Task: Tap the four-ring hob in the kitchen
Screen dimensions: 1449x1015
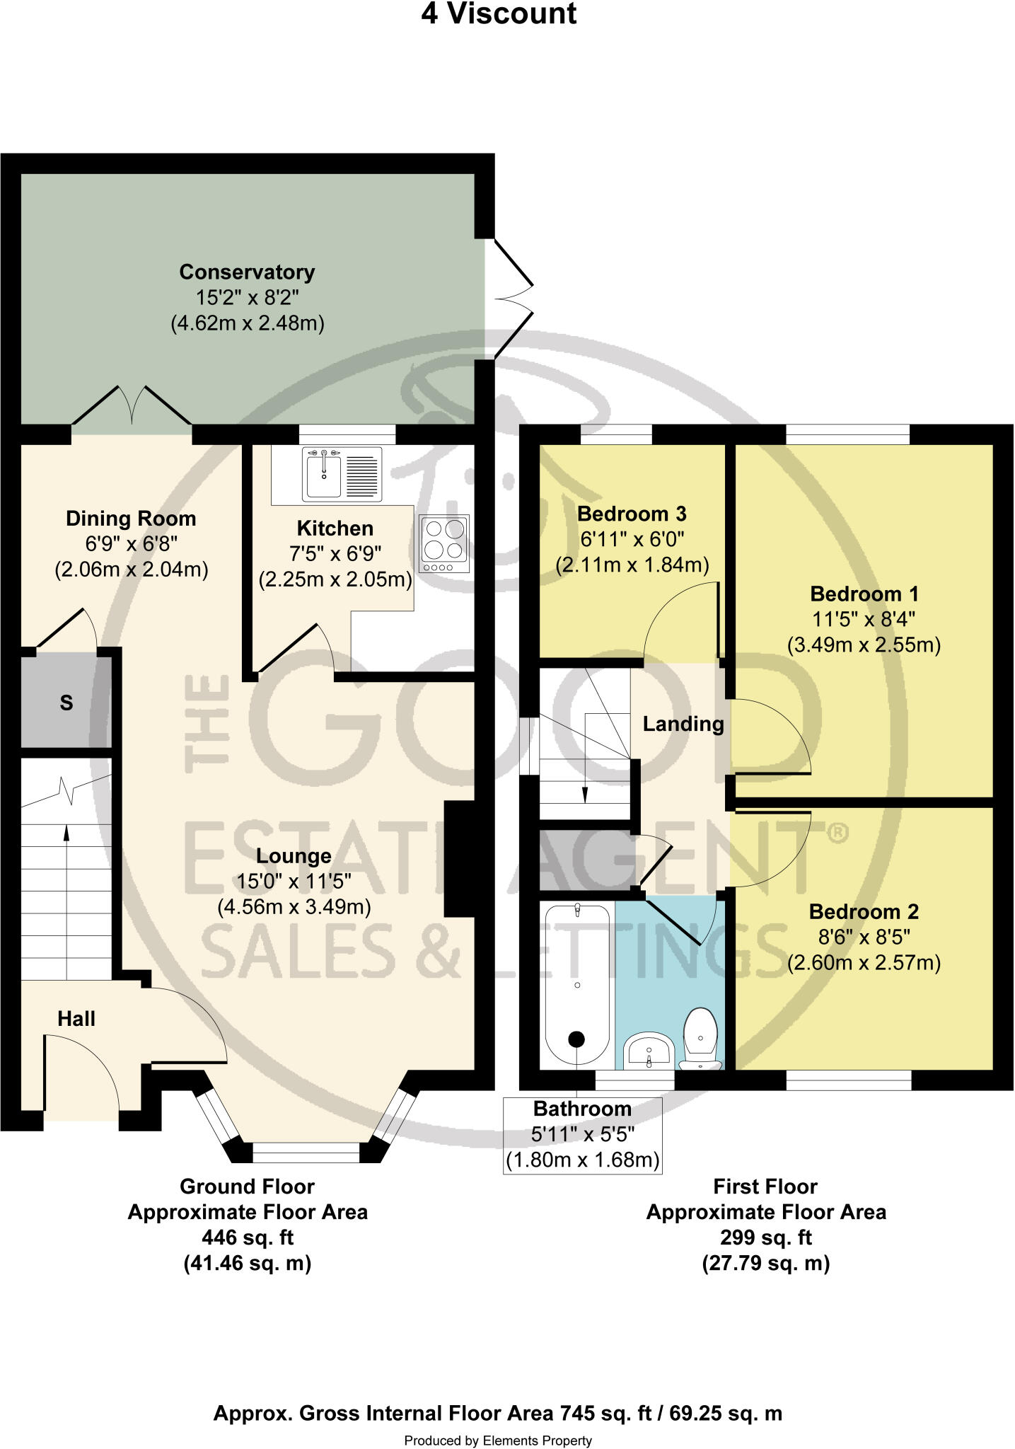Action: [444, 543]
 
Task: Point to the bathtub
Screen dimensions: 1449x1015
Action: [577, 986]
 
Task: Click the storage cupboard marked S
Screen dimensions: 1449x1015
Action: [66, 703]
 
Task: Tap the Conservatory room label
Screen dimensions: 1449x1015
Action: [247, 272]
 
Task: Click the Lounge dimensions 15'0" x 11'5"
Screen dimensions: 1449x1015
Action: [294, 882]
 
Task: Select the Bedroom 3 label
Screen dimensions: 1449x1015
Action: [632, 514]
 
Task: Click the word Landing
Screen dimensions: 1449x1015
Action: [683, 724]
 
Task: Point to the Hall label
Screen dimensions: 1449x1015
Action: [76, 1019]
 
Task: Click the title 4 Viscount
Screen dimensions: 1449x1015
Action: [499, 14]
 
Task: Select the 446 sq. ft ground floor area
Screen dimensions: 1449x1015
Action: [248, 1237]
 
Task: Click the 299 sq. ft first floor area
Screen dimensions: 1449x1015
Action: [765, 1237]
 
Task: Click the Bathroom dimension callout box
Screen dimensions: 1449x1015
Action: [582, 1135]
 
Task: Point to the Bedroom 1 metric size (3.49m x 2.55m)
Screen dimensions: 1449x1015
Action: [864, 645]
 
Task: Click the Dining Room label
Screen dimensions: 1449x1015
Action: [131, 519]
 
